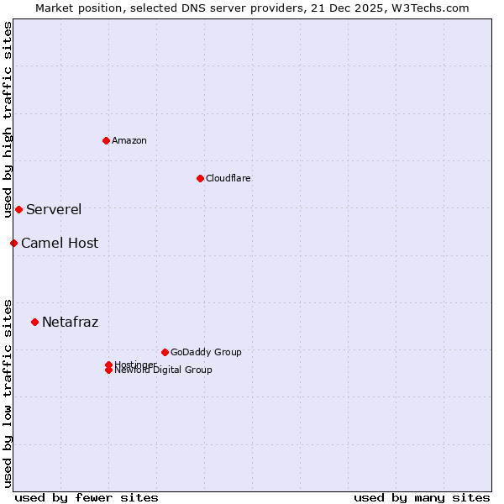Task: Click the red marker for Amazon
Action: (106, 140)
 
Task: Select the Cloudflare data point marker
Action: (200, 178)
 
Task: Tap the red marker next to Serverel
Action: (18, 209)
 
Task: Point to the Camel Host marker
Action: (13, 243)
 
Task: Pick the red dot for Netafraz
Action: (34, 322)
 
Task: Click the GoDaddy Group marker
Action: (165, 352)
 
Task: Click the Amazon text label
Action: (129, 140)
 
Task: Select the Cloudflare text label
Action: (228, 178)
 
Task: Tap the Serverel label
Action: (54, 209)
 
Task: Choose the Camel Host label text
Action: (60, 243)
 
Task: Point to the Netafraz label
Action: (71, 322)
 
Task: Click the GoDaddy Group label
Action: (206, 352)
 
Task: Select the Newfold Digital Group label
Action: (164, 370)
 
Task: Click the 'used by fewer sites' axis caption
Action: (87, 497)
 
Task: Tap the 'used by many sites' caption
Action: (422, 497)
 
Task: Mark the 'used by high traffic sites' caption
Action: (8, 119)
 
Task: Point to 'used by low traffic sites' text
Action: (8, 393)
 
